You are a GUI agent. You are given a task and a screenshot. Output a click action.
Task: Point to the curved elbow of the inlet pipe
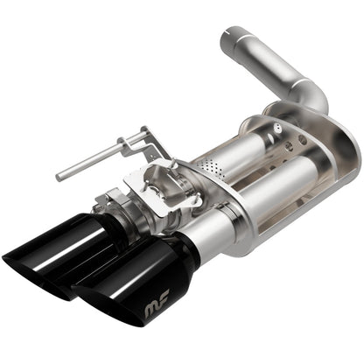point(309,91)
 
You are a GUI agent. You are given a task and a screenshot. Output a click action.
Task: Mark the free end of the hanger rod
point(60,177)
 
